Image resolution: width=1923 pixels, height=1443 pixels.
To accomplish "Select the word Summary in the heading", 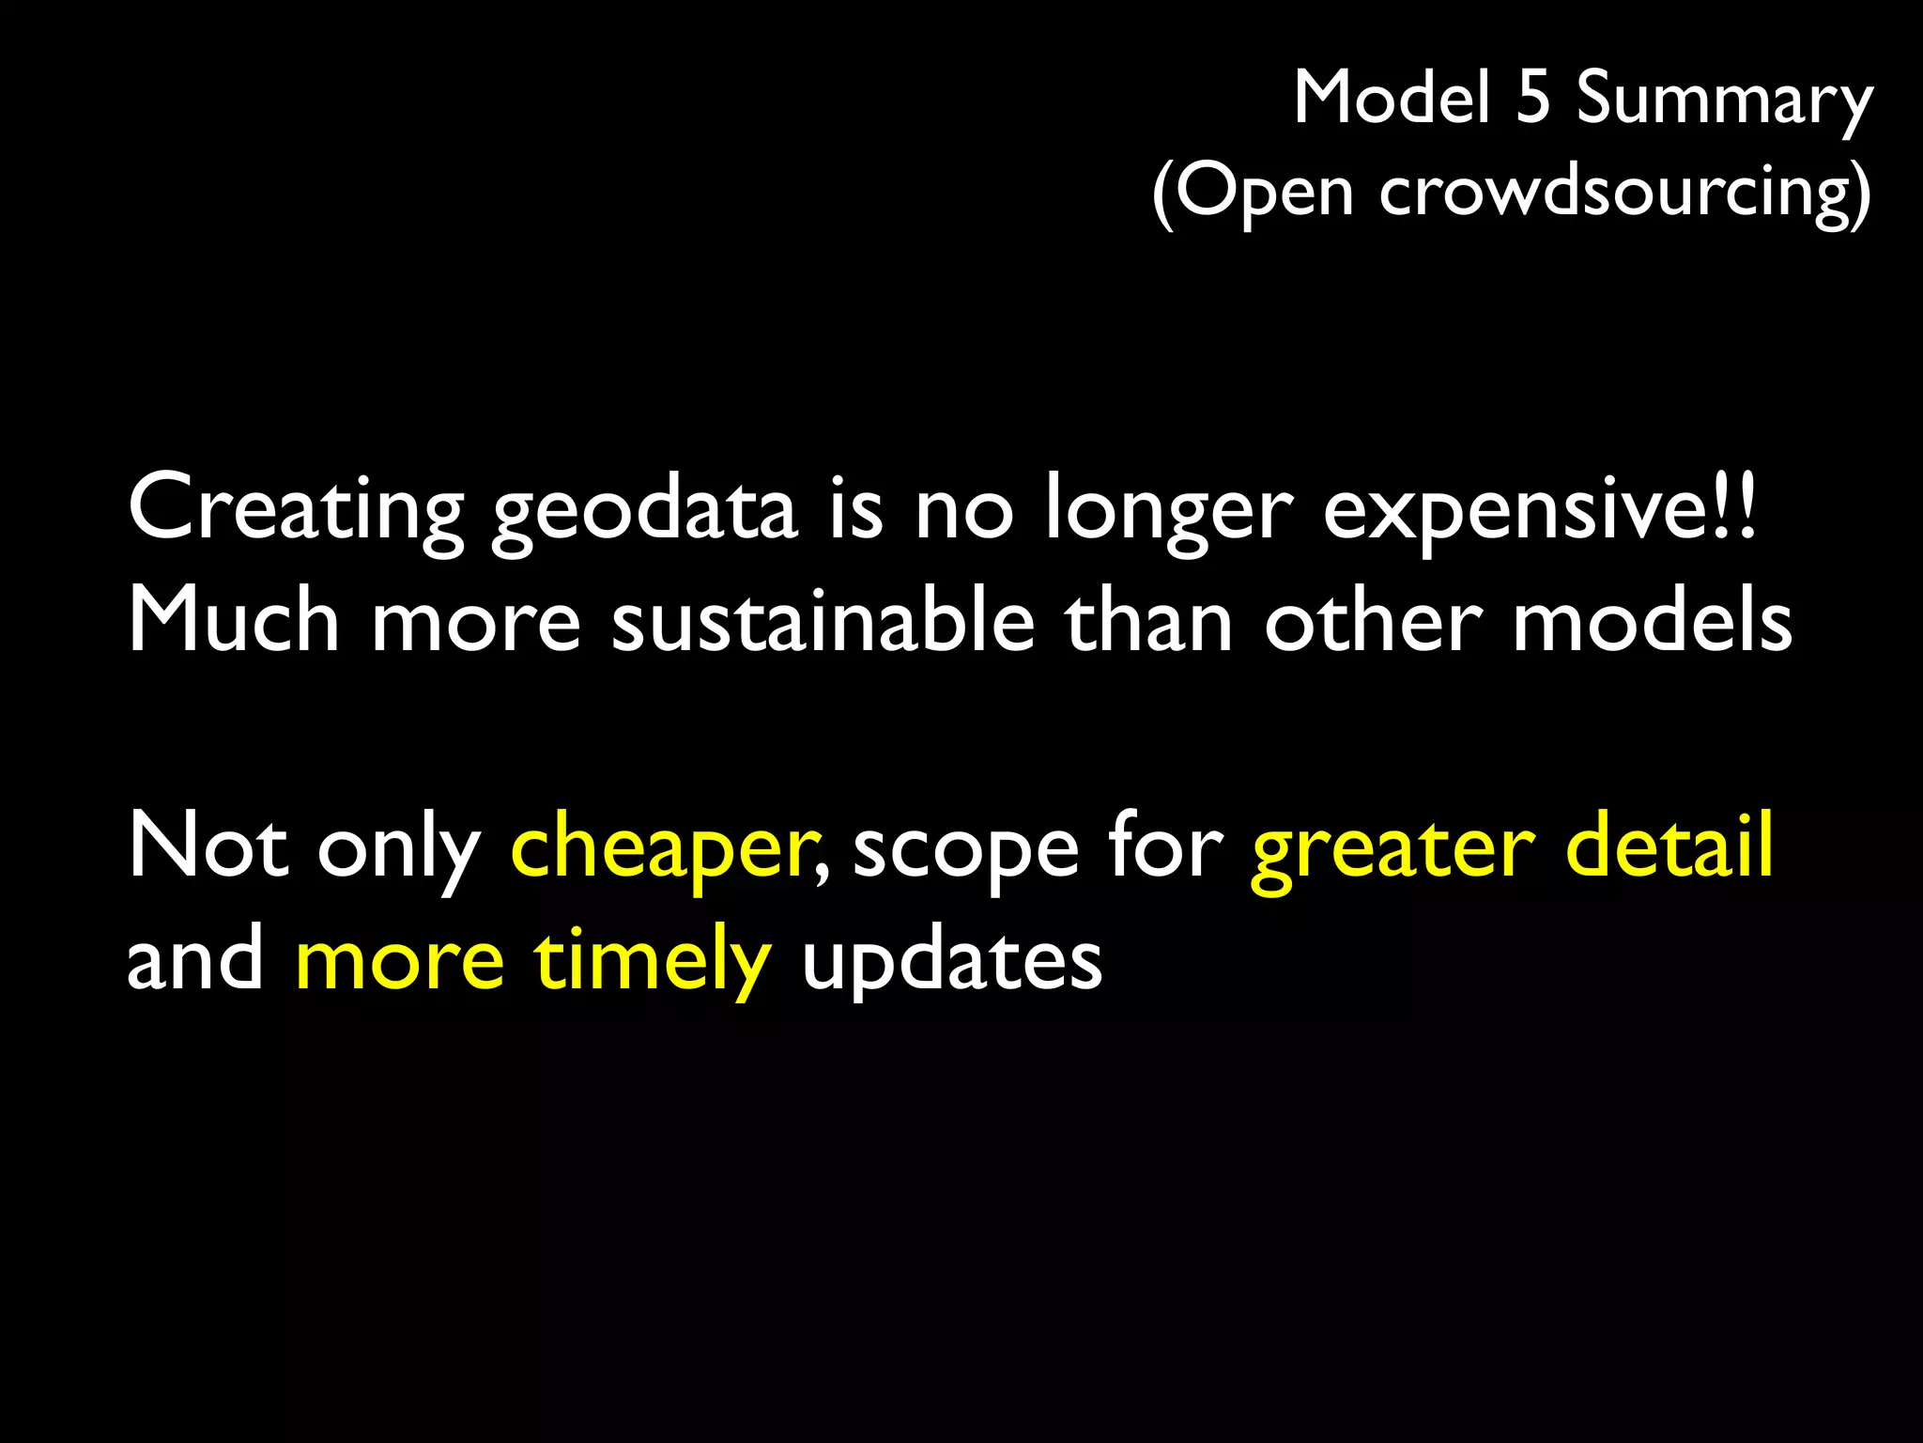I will click(x=1724, y=101).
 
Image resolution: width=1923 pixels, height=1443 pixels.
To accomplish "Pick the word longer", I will click(x=1169, y=512).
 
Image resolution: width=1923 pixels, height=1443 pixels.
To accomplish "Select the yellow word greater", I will click(x=1393, y=850).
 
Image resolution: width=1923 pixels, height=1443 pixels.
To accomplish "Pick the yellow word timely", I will click(x=653, y=963).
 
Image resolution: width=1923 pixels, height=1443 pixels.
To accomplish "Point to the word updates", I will click(x=951, y=963).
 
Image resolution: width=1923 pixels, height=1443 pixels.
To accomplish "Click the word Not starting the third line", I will click(x=208, y=846).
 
